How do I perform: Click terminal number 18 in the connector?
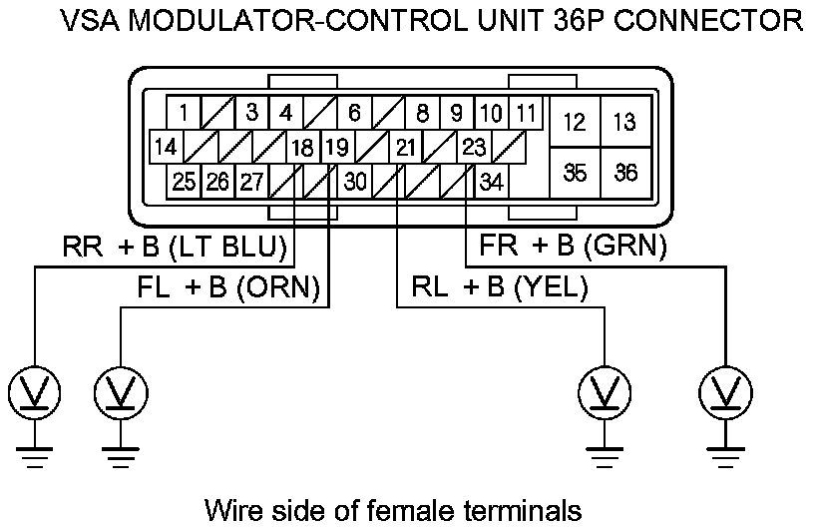302,149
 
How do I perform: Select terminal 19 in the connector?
336,149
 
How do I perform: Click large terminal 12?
575,123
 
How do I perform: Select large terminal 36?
625,172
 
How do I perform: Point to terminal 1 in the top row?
185,113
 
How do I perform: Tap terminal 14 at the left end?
167,149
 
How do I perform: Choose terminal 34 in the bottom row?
491,183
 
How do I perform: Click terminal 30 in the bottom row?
355,183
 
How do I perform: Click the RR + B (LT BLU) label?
175,246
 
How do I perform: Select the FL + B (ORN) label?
226,287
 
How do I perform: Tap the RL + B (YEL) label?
500,287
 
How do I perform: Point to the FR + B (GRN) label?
573,246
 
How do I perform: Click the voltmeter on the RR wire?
35,390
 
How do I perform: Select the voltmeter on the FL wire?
121,390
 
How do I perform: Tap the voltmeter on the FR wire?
723,390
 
